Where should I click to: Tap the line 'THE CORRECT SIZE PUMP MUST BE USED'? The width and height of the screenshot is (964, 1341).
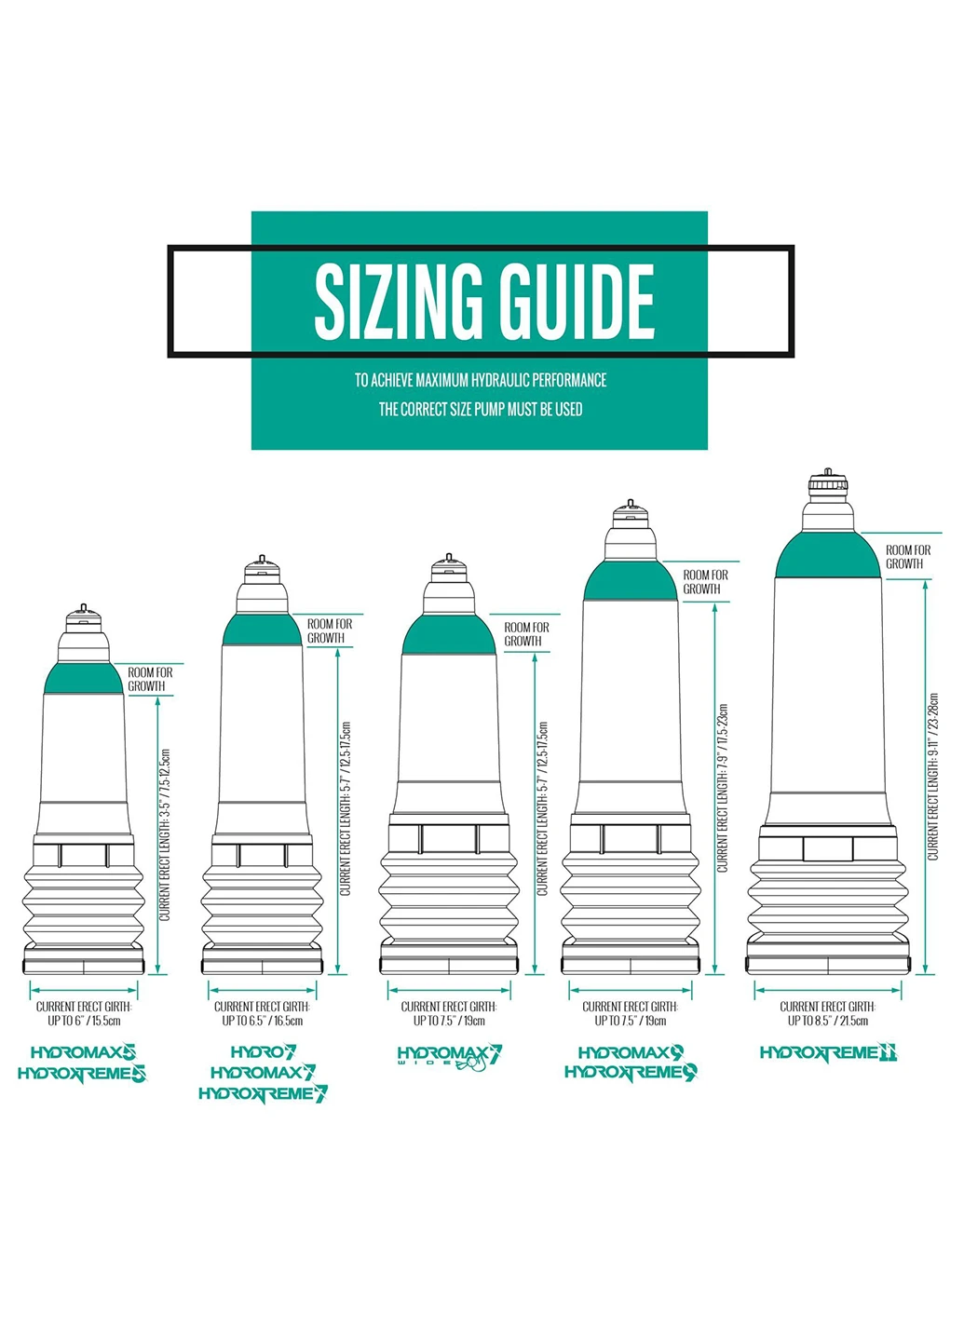481,409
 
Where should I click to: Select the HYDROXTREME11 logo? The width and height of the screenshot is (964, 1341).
828,1052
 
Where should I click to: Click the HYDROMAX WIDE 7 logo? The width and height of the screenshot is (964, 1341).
449,1057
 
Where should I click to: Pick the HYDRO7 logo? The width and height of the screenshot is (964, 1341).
264,1052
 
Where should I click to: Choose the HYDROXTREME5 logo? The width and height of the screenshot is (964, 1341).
82,1074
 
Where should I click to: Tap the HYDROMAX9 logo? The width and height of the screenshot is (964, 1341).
631,1052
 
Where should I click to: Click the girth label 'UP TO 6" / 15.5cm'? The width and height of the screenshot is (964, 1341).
84,1021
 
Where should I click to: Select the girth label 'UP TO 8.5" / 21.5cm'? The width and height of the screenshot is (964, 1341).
827,1021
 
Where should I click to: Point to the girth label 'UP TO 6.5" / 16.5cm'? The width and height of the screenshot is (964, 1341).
263,1021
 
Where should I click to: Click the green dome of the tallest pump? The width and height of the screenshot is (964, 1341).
828,556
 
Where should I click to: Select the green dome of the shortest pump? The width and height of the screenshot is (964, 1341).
83,679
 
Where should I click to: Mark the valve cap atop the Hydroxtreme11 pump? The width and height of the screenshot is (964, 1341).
828,482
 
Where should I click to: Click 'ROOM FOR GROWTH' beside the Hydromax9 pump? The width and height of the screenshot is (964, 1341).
705,581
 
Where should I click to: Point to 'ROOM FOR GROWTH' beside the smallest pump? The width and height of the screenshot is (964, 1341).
150,679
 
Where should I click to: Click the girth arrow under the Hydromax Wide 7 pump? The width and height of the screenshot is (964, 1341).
449,990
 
